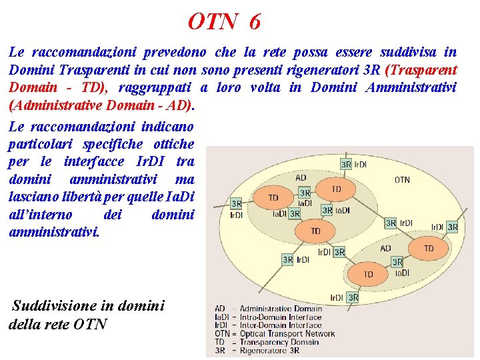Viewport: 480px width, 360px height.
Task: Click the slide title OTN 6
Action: pyautogui.click(x=224, y=22)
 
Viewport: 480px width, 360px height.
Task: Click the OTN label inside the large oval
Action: pyautogui.click(x=402, y=179)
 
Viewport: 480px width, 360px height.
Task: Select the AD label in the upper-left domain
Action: pyautogui.click(x=301, y=178)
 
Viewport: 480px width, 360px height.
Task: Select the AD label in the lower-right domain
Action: pyautogui.click(x=386, y=248)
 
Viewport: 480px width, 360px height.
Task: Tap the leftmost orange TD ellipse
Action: pyautogui.click(x=273, y=198)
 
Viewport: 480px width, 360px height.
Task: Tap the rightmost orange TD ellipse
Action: pyautogui.click(x=428, y=248)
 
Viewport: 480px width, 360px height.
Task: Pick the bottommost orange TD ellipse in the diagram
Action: pyautogui.click(x=368, y=274)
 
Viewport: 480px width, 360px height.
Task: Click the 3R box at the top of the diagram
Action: pyautogui.click(x=346, y=164)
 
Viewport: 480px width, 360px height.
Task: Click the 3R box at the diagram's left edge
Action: pyautogui.click(x=236, y=203)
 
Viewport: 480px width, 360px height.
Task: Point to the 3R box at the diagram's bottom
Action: pyautogui.click(x=353, y=297)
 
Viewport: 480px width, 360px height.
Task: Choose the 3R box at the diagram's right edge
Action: pyautogui.click(x=453, y=227)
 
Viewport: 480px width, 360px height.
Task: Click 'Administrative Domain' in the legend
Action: pyautogui.click(x=281, y=309)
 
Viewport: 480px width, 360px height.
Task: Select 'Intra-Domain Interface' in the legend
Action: pyautogui.click(x=280, y=317)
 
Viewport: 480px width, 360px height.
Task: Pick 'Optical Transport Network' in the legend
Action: pyautogui.click(x=287, y=334)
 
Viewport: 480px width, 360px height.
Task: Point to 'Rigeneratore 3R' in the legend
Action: pyautogui.click(x=269, y=351)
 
